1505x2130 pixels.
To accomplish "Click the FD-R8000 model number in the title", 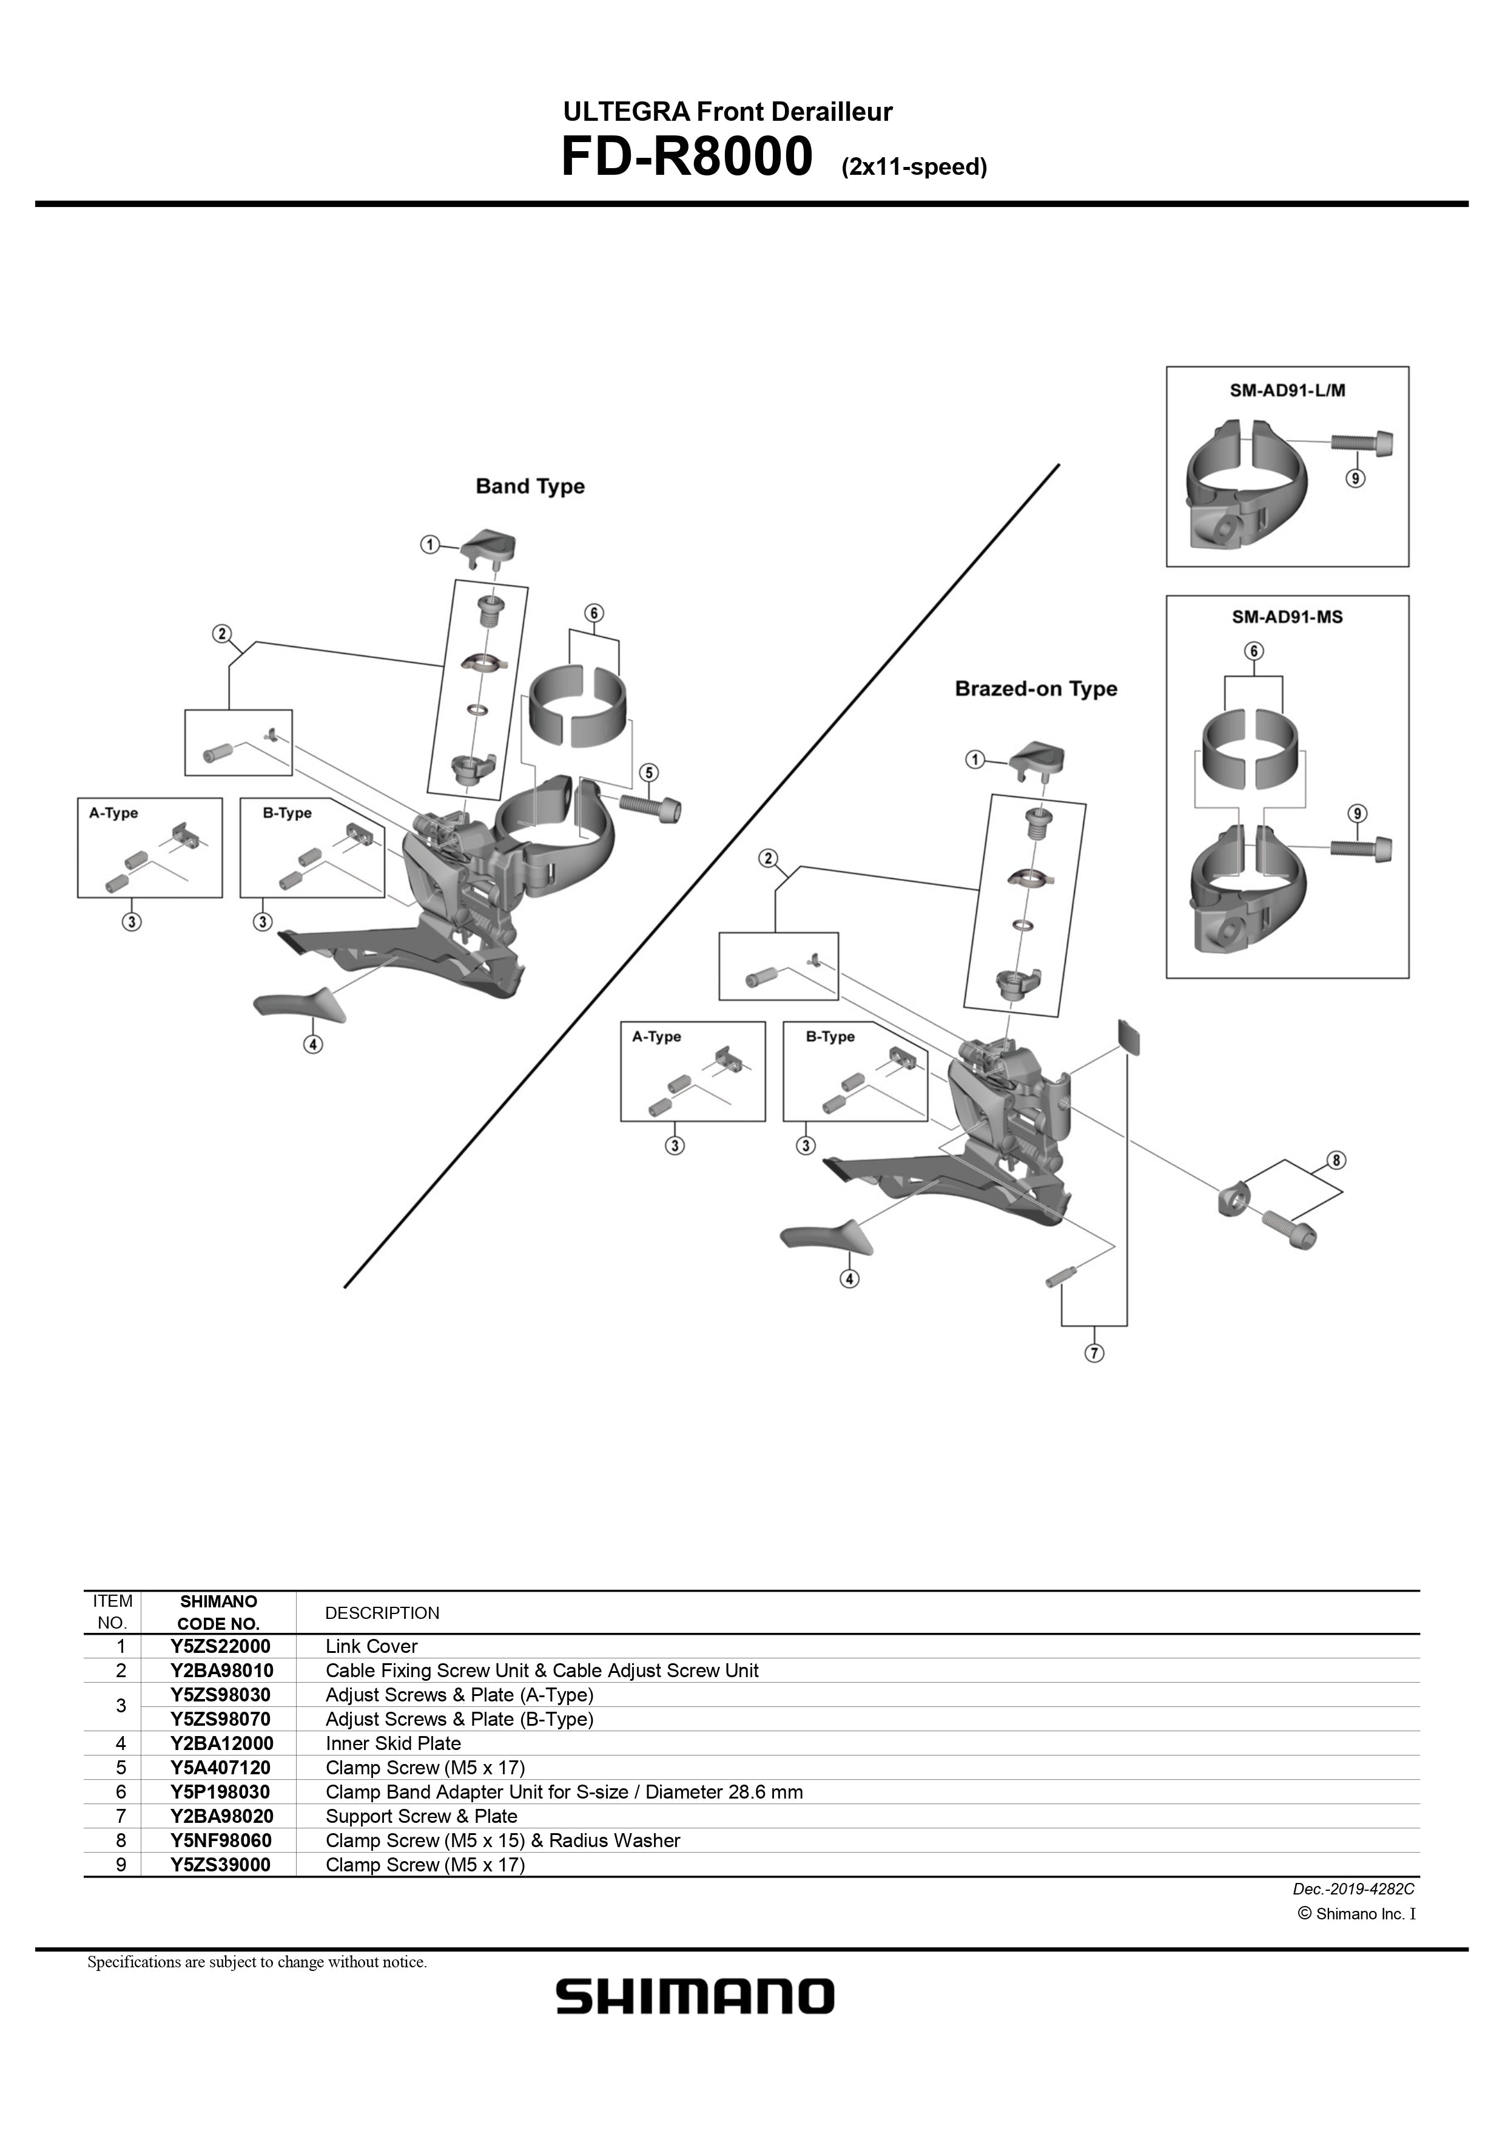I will (x=686, y=158).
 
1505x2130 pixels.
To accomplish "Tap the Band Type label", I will (x=530, y=486).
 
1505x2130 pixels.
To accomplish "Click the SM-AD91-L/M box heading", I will (x=1287, y=390).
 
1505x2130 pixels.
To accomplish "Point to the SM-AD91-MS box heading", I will (x=1287, y=617).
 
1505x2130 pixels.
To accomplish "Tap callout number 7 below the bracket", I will (x=1094, y=1354).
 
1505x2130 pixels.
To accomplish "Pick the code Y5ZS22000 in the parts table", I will (x=220, y=1647).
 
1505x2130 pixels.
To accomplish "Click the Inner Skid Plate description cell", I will (x=393, y=1743).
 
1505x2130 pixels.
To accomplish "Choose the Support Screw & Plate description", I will (x=421, y=1816).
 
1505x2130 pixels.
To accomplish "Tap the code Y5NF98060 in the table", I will (x=220, y=1840).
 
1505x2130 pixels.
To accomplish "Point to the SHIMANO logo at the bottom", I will (x=695, y=1996).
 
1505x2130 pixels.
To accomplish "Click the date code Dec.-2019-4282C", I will (x=1353, y=1888).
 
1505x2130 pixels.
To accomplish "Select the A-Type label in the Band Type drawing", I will (x=113, y=813).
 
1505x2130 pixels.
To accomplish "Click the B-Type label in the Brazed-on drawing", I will (x=830, y=1036).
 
